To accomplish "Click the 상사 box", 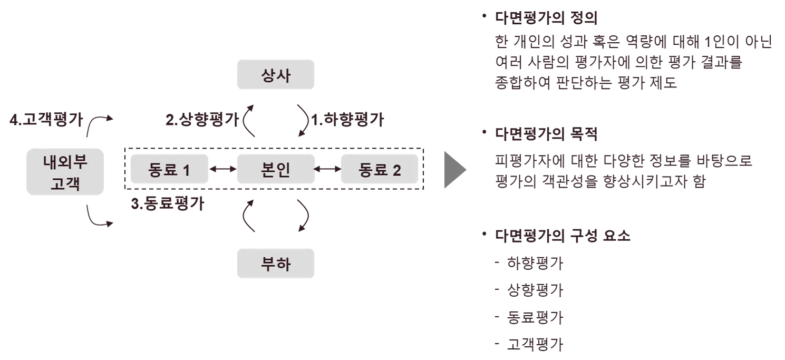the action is (x=276, y=76).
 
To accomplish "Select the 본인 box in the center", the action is (x=276, y=169).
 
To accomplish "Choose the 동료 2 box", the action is (x=380, y=170).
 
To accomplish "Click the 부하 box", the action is (x=276, y=264).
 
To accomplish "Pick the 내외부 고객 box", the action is (x=65, y=172).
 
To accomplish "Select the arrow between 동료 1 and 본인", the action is (x=223, y=169).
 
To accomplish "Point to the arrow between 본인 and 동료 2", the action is (x=327, y=169).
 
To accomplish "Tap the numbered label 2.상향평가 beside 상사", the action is (x=201, y=121).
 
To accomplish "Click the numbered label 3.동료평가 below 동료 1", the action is (x=168, y=202).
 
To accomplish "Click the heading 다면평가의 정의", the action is (x=546, y=18).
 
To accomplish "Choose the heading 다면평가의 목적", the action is (x=546, y=135).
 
